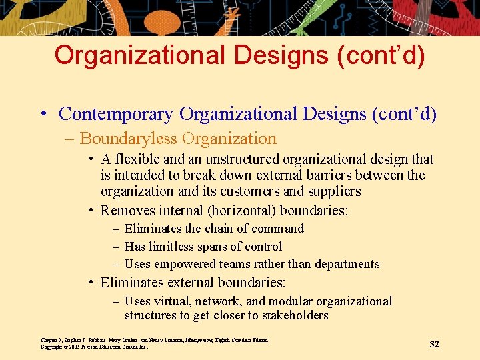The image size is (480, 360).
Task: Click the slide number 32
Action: pyautogui.click(x=434, y=344)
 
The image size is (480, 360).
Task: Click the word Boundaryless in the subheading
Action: pyautogui.click(x=128, y=139)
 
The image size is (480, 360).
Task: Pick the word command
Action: pyautogui.click(x=278, y=229)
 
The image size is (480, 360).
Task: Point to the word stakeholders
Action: pyautogui.click(x=294, y=315)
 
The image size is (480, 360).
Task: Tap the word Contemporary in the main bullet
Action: pyautogui.click(x=116, y=114)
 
